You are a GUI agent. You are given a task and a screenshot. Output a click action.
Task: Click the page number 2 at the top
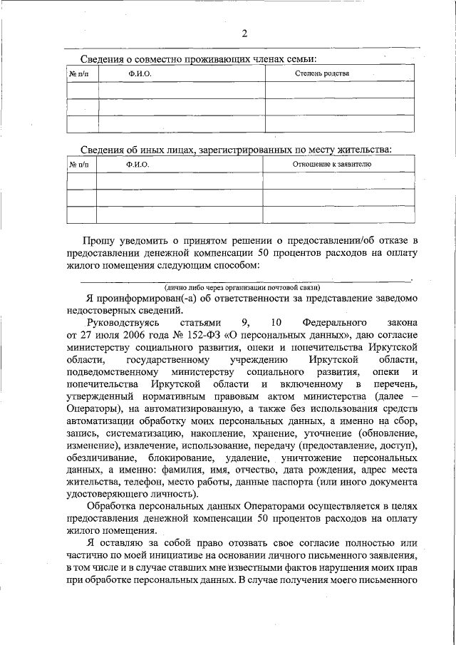tap(244, 33)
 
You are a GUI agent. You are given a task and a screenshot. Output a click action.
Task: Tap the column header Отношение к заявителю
tap(332, 165)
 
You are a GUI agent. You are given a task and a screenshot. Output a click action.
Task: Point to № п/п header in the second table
tap(80, 165)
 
